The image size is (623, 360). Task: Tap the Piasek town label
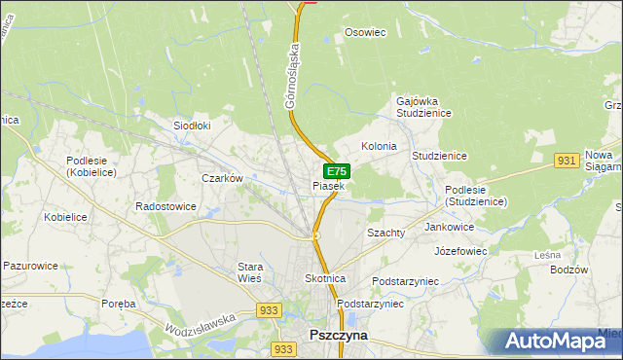[x=328, y=185]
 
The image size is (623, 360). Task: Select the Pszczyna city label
[x=337, y=333]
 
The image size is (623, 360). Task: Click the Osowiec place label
[x=366, y=32]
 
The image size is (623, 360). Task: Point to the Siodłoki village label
[x=192, y=126]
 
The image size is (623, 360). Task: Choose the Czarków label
[x=221, y=178]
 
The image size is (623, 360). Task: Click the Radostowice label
[x=166, y=206]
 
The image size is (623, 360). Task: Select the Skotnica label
[x=325, y=278]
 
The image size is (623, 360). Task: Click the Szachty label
[x=385, y=234]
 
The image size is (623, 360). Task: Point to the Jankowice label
[x=450, y=227]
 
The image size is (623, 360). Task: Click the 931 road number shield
[x=568, y=160]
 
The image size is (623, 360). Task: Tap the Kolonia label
[x=379, y=146]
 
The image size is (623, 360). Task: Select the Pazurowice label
[x=31, y=265]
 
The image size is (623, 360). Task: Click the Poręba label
[x=119, y=304]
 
